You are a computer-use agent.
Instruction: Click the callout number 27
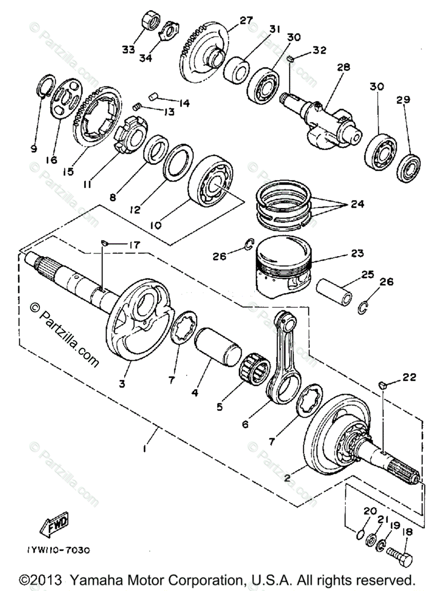[246, 21]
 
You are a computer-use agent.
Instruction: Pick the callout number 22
[409, 378]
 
